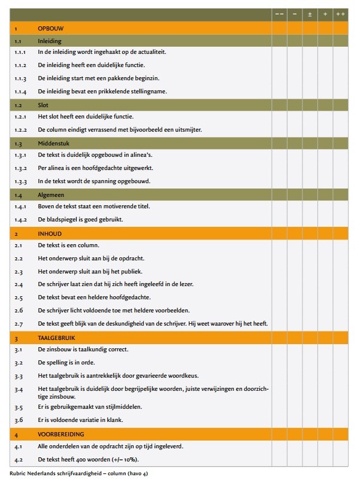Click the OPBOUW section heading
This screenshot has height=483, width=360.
click(x=51, y=28)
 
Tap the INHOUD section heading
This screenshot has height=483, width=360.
click(x=49, y=233)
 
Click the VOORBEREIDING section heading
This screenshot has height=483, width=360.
click(x=61, y=434)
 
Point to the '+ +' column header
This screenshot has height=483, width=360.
click(x=340, y=14)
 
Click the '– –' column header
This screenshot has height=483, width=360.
click(x=279, y=14)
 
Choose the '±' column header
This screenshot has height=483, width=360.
click(x=310, y=14)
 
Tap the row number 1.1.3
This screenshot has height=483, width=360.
click(x=21, y=78)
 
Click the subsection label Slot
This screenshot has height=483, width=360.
click(x=44, y=104)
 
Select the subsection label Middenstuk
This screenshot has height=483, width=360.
click(x=53, y=143)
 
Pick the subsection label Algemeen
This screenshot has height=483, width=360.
click(x=51, y=195)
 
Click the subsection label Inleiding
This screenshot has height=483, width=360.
click(x=50, y=41)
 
